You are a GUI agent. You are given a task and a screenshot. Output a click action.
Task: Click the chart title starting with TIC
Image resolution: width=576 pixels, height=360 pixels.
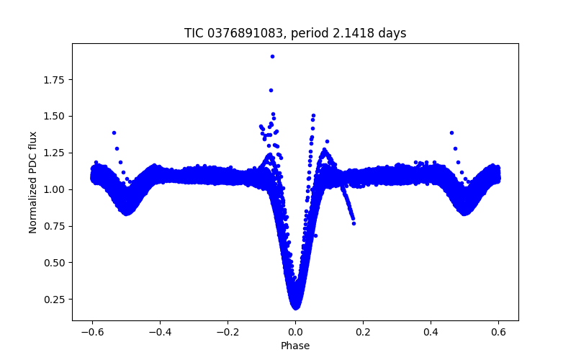[x=295, y=33]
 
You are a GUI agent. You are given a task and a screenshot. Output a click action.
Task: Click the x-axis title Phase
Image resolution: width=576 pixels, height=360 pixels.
[x=295, y=346]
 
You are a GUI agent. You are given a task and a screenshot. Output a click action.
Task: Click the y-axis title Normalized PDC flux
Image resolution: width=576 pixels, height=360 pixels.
[x=33, y=181]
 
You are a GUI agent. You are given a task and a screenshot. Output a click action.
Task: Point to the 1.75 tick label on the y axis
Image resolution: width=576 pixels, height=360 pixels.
[x=54, y=79]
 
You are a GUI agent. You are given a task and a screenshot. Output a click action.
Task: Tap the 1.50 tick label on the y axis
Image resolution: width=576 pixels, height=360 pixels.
[x=54, y=116]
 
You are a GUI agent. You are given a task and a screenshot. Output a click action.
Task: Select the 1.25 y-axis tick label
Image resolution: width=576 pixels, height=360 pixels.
[x=54, y=153]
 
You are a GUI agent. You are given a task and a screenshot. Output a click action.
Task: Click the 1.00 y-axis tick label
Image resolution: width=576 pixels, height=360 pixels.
[x=54, y=189]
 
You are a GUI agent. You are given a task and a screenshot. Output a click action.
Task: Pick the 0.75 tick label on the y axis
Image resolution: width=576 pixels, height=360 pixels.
[x=54, y=226]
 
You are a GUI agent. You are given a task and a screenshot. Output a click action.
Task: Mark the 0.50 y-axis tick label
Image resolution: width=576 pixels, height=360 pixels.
[x=54, y=263]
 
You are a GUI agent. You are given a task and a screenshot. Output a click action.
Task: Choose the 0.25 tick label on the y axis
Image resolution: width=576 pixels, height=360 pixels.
[x=54, y=300]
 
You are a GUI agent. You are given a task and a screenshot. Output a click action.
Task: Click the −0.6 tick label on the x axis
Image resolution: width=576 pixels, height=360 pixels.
[x=92, y=331]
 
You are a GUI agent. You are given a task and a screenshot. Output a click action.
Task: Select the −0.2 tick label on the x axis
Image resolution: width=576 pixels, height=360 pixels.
[x=228, y=331]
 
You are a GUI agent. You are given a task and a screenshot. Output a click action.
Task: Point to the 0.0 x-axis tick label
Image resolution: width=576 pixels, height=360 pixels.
[x=295, y=331]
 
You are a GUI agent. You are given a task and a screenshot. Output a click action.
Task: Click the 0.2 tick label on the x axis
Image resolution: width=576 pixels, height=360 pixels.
[x=363, y=331]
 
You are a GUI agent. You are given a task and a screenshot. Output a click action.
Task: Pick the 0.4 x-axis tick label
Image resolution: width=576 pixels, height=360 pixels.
[x=431, y=331]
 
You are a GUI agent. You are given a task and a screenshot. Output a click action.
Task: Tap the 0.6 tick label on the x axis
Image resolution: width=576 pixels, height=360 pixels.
[x=498, y=331]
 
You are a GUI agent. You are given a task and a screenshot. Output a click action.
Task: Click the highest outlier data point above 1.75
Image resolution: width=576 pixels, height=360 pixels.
[x=272, y=56]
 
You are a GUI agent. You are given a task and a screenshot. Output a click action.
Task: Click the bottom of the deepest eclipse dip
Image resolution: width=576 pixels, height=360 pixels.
[x=295, y=307]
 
